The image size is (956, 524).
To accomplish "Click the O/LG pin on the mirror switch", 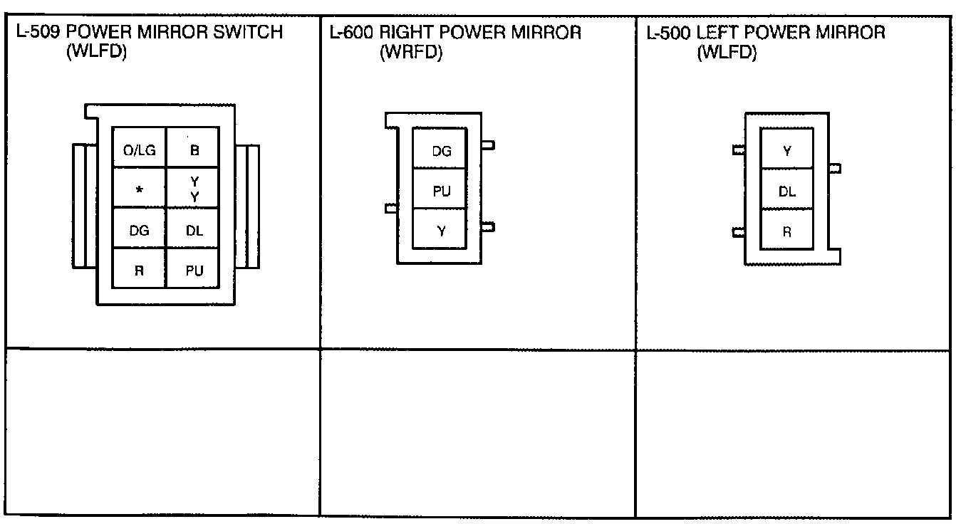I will [x=140, y=150].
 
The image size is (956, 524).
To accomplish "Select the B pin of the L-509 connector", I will [x=193, y=150].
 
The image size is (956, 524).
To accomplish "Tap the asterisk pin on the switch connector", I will [x=140, y=189].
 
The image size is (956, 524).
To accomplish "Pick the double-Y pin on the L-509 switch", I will [x=193, y=189].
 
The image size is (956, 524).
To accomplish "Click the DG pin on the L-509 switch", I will [x=140, y=229].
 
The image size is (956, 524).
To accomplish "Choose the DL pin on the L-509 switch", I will [x=193, y=229].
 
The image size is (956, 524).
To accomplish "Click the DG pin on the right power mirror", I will [x=441, y=150].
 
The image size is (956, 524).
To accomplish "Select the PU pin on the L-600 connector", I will [x=441, y=190].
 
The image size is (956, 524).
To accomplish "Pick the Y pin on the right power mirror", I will [x=441, y=230].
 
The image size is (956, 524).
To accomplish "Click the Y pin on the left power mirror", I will [x=787, y=150].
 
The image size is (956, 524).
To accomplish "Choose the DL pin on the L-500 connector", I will [x=787, y=190].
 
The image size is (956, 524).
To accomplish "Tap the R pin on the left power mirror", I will [x=787, y=231].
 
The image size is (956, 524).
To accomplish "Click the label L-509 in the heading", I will [x=38, y=33].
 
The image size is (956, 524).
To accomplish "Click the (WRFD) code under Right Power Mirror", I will [x=411, y=53].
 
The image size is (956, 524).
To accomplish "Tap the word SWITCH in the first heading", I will [x=252, y=33].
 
